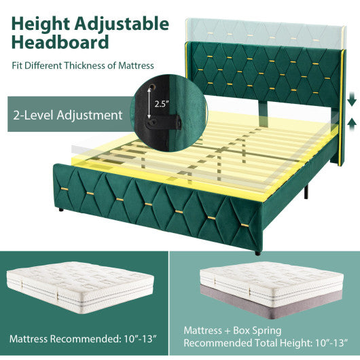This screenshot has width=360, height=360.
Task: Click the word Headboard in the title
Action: click(60, 43)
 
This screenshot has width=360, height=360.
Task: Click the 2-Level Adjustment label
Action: click(66, 115)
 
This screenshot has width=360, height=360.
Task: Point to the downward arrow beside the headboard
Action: click(351, 101)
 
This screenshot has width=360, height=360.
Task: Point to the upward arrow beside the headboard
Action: click(351, 123)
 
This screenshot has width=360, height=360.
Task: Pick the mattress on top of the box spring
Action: click(272, 281)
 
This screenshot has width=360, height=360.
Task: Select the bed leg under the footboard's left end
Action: click(61, 211)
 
